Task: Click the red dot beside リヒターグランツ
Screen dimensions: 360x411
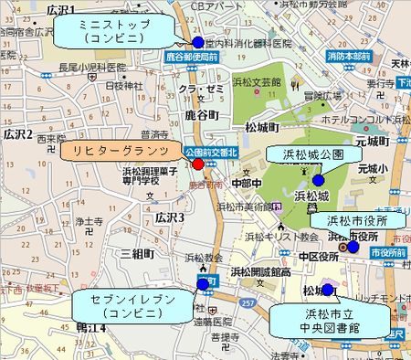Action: (197, 164)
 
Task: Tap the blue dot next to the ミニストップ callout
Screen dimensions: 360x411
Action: (197, 43)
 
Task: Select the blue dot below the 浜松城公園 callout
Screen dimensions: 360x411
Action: (318, 180)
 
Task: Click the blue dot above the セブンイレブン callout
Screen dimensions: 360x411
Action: (203, 285)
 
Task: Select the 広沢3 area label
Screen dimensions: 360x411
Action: (170, 218)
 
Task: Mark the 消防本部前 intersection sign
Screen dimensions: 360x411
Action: (350, 56)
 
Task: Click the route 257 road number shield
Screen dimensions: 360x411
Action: (246, 301)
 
